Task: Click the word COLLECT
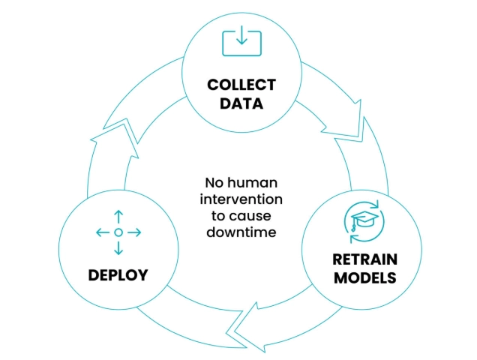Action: coord(241,84)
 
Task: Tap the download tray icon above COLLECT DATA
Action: coord(241,41)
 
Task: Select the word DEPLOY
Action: coord(118,274)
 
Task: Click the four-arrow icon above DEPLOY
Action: coord(118,233)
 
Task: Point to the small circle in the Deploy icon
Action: coord(118,233)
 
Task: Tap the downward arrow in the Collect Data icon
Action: coord(241,38)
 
